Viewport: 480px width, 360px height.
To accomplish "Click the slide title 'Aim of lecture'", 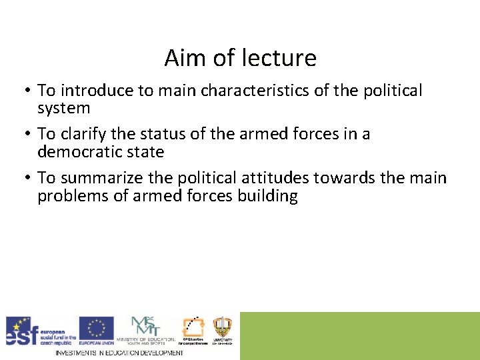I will (x=240, y=59).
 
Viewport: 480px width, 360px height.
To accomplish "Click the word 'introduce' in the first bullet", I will (x=91, y=90).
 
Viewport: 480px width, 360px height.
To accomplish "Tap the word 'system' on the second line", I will (x=63, y=108).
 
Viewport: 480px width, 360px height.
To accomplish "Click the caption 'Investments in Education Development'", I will (x=119, y=353).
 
